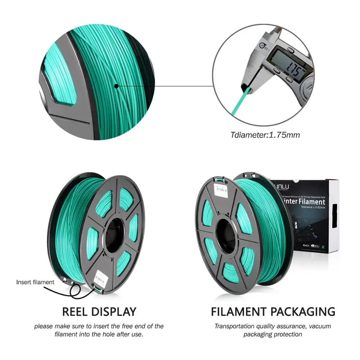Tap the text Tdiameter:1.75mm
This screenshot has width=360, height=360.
click(265, 135)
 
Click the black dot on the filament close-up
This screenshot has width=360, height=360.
click(116, 86)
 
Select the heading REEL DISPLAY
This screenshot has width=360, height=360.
click(99, 311)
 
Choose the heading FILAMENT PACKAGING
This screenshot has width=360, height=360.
click(273, 311)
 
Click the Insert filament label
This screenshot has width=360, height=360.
click(35, 282)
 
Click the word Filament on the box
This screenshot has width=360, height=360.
click(311, 202)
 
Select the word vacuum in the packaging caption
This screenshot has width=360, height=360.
click(319, 327)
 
